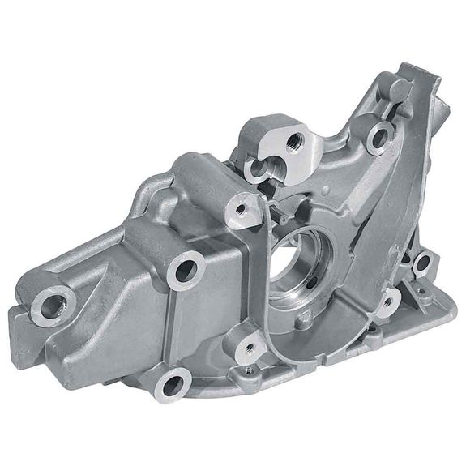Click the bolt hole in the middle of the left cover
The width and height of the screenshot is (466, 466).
186,270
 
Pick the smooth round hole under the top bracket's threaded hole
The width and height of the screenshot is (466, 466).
259,169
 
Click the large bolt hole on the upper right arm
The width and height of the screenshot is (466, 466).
377,135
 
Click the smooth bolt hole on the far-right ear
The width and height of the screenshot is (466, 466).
422,260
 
